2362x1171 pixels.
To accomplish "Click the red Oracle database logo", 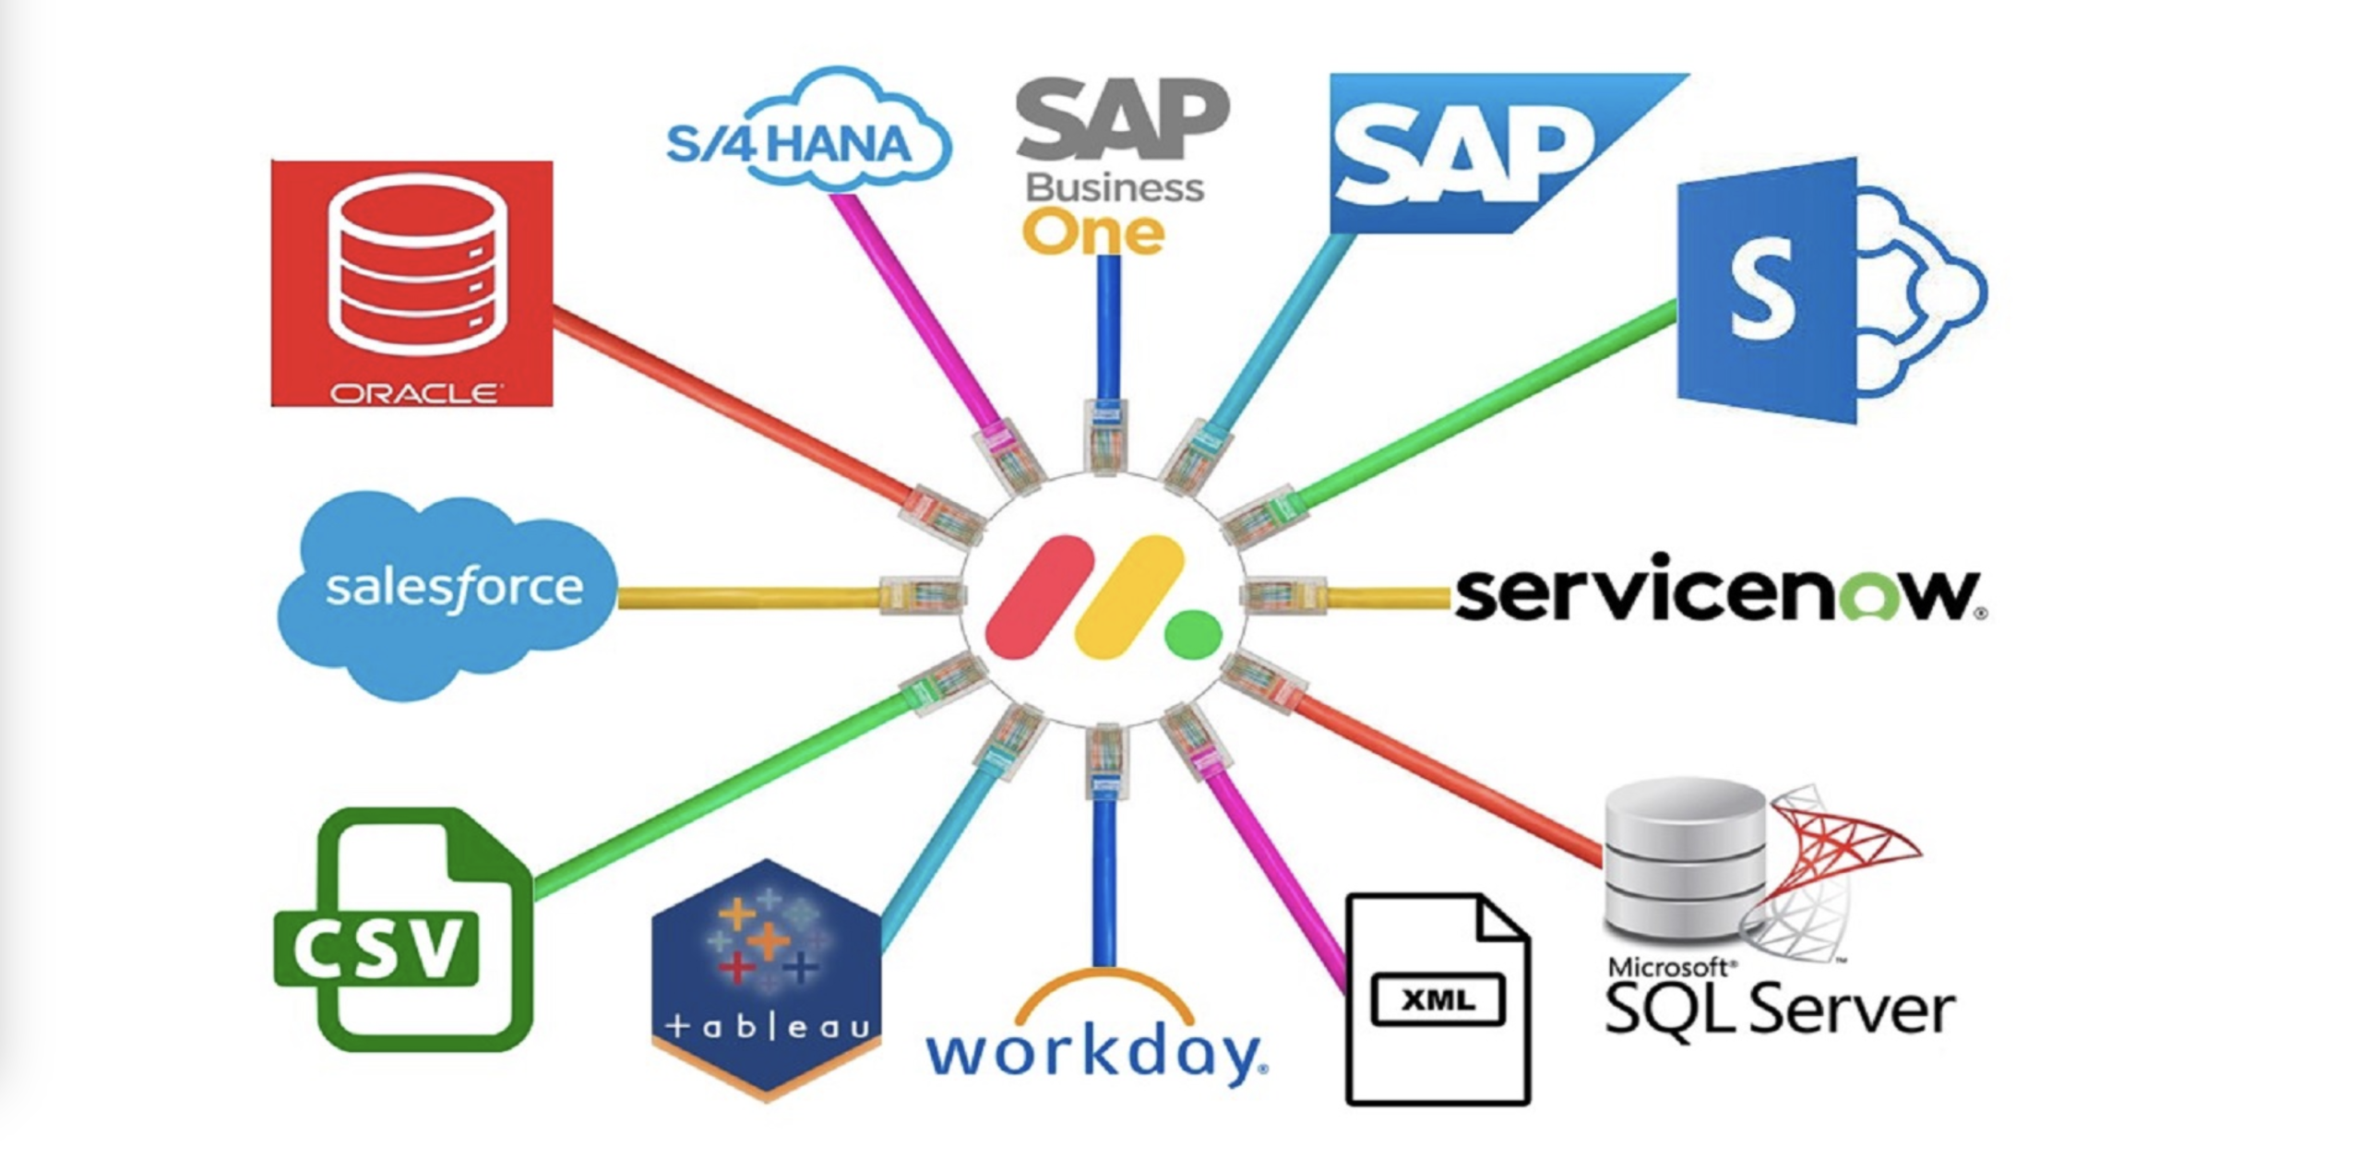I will (412, 282).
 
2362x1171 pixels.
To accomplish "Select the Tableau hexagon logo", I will (766, 978).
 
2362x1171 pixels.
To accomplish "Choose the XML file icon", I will (1437, 998).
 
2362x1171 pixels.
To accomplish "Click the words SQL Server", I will (1779, 1009).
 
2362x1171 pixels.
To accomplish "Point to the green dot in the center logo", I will (1192, 634).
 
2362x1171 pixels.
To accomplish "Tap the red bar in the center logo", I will (1039, 596).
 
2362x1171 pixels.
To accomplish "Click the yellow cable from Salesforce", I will (747, 598).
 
